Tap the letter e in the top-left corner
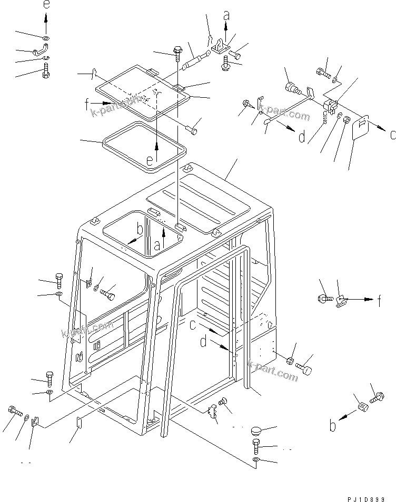tap(46, 6)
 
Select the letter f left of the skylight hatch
tap(86, 104)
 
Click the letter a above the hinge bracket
tap(226, 16)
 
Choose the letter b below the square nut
tap(332, 425)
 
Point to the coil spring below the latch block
tap(325, 117)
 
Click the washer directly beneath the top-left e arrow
tap(46, 38)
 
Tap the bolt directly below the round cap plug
tap(255, 446)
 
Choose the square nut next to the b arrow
tap(361, 407)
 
